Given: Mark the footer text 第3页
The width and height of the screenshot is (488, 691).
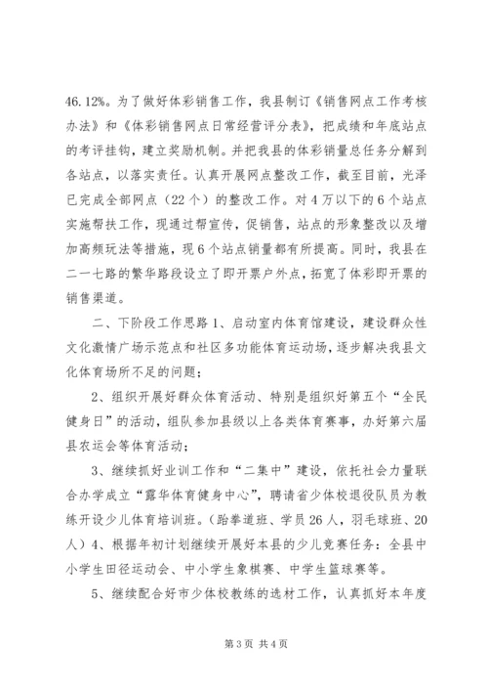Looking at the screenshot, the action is pyautogui.click(x=218, y=672).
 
